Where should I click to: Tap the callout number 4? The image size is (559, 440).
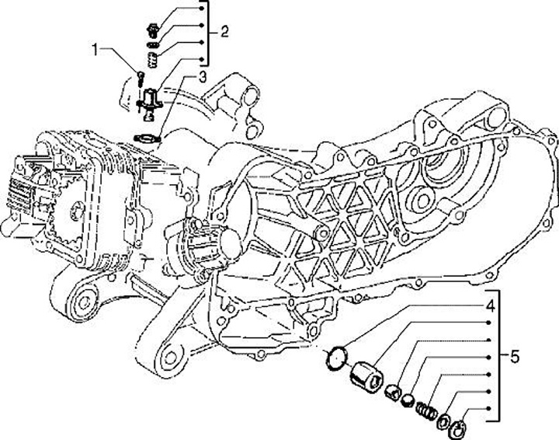coord(491,305)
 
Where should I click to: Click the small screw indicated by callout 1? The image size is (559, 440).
coord(139,77)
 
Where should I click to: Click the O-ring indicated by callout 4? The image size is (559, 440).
coord(334,358)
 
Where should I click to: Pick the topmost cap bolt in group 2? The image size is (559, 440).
coord(152,31)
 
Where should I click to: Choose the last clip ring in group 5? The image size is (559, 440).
coord(457,425)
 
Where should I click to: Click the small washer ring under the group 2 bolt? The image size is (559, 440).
coord(152,45)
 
